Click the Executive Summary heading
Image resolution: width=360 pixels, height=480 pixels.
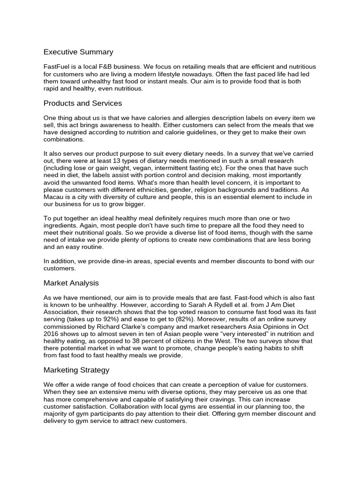click(x=78, y=52)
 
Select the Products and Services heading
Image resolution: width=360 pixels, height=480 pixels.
click(x=82, y=103)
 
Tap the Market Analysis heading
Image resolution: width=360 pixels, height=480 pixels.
click(x=71, y=283)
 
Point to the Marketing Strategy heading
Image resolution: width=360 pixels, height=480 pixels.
click(x=76, y=370)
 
